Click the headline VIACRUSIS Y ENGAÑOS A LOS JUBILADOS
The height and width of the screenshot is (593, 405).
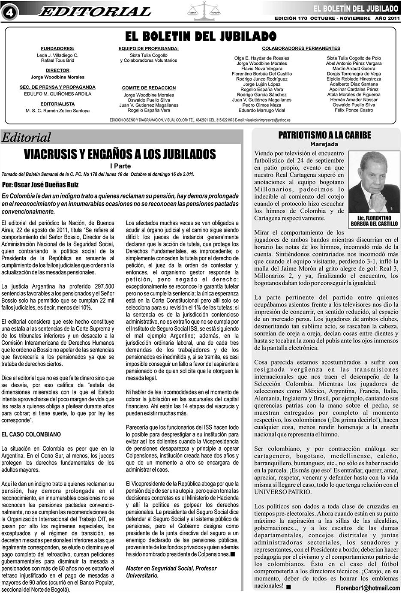pyautogui.click(x=120, y=154)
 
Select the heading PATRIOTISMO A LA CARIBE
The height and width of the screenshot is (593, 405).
pyautogui.click(x=324, y=135)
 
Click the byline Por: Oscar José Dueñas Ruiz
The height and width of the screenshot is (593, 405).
pyautogui.click(x=40, y=185)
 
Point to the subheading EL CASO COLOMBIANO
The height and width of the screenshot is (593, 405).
pyautogui.click(x=31, y=434)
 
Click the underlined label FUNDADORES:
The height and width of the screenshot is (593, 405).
pyautogui.click(x=57, y=48)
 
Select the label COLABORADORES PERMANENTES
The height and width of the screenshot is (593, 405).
pyautogui.click(x=301, y=48)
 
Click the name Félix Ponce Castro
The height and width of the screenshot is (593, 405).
pyautogui.click(x=354, y=110)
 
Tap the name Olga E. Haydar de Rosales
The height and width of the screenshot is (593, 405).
pyautogui.click(x=261, y=58)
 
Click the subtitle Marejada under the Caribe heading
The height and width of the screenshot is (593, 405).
pyautogui.click(x=324, y=144)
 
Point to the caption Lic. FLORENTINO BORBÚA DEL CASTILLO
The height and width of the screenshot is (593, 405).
pyautogui.click(x=374, y=221)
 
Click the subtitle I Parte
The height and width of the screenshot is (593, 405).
pyautogui.click(x=120, y=166)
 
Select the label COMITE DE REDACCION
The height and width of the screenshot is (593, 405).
pyautogui.click(x=149, y=88)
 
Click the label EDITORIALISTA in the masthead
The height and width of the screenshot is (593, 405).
pyautogui.click(x=57, y=104)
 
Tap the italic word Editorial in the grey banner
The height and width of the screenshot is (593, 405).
pyautogui.click(x=26, y=137)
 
